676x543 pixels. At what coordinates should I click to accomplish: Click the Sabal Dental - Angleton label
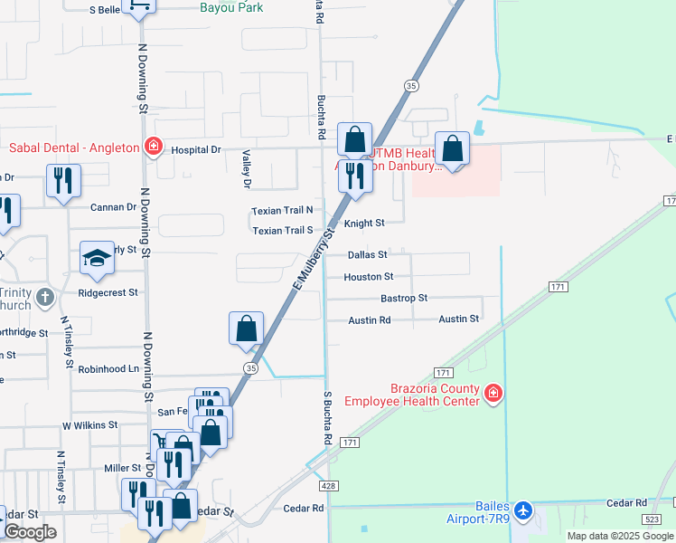[74, 148]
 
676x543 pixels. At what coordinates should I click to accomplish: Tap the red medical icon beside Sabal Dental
[154, 147]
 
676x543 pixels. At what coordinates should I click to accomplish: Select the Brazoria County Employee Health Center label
[434, 395]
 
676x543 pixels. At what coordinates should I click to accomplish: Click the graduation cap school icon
[97, 259]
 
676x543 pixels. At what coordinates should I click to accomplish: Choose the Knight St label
[365, 223]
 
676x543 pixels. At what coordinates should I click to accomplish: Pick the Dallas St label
[368, 255]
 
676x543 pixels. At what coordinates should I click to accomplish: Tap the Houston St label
[369, 277]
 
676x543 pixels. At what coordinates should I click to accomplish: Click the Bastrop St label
[403, 298]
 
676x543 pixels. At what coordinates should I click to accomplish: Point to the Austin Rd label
[370, 320]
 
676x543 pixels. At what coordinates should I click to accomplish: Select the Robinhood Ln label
[108, 369]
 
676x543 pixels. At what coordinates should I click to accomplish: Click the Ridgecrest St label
[108, 293]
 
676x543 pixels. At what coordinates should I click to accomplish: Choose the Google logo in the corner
[30, 532]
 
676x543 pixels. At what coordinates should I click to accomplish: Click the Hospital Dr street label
[196, 150]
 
